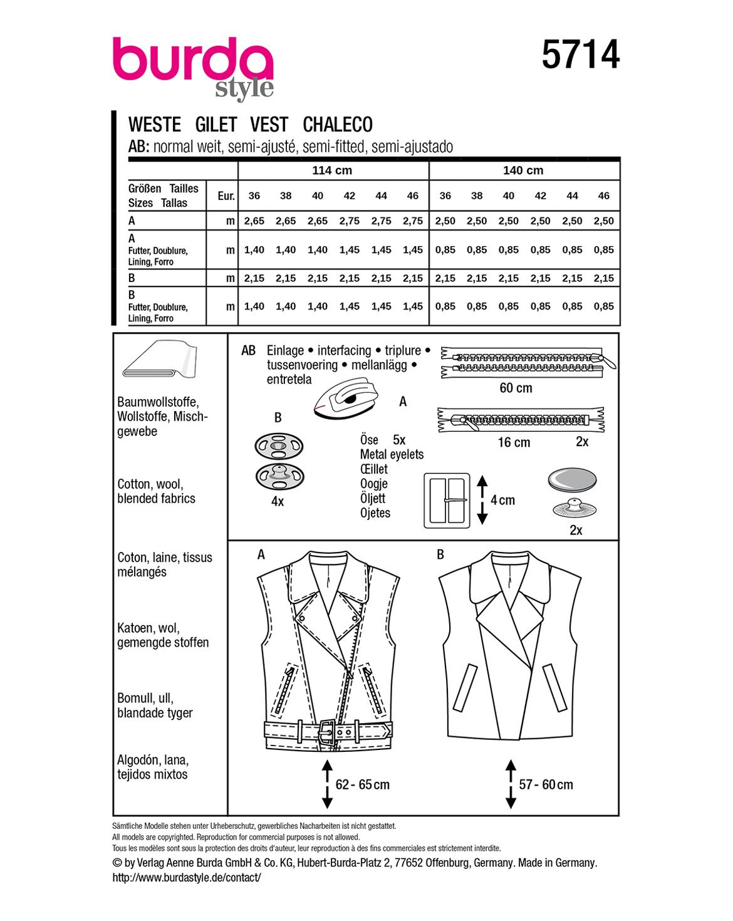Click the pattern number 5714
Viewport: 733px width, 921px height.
[580, 55]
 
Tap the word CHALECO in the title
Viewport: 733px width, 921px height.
[338, 125]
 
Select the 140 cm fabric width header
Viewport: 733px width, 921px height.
[523, 170]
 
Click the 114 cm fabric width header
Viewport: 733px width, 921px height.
[332, 170]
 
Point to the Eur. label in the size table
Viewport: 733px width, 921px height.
[226, 196]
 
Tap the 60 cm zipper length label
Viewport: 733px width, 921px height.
[516, 388]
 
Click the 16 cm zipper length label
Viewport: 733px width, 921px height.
[514, 442]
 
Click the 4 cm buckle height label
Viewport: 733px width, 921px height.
[502, 500]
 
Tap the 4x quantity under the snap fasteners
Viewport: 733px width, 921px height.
[278, 501]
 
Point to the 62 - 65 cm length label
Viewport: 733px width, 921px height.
[362, 784]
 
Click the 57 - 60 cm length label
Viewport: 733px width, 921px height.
[546, 784]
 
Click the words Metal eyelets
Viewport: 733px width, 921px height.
[392, 455]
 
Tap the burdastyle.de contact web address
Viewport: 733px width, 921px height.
[186, 878]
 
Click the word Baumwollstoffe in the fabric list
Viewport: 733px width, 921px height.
[158, 402]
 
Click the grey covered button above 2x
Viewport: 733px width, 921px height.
[572, 481]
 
